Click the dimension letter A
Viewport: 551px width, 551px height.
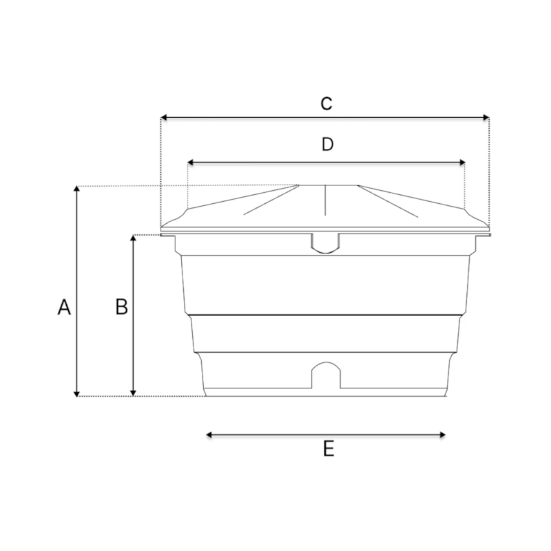64,306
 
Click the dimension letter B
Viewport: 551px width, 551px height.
122,306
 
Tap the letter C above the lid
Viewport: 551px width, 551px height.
326,104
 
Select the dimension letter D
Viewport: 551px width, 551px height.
328,145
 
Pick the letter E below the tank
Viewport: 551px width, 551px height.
329,449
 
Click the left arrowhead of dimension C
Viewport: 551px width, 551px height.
163,117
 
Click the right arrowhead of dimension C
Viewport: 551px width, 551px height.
486,117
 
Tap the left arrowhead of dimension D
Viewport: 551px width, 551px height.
191,163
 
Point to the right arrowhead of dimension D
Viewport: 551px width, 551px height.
462,163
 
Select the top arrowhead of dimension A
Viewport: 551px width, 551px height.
76,189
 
